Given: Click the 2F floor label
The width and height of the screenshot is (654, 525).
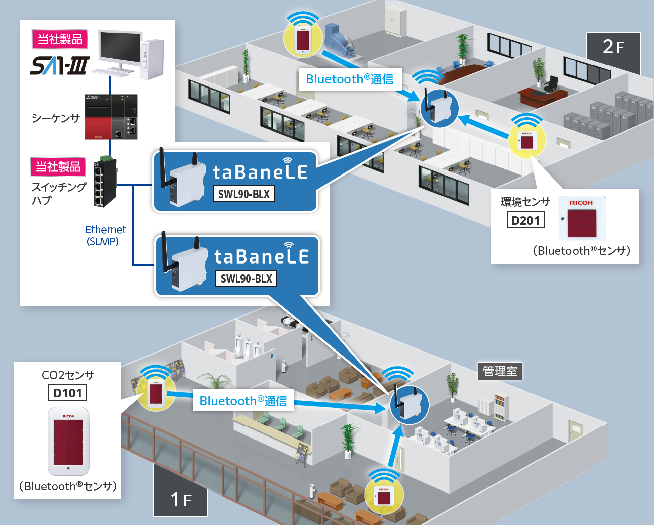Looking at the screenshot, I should pos(613,47).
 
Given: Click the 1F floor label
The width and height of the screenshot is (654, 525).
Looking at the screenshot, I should pos(181,499).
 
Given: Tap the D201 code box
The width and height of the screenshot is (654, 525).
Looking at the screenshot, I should pos(526,220).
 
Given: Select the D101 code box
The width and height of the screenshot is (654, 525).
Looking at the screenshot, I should pos(67,393).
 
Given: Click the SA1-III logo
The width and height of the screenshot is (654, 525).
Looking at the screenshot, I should pos(60,65).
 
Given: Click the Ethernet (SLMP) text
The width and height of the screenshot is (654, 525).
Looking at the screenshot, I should pos(105,235).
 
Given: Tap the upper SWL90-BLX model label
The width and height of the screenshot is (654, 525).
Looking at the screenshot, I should pos(244,194).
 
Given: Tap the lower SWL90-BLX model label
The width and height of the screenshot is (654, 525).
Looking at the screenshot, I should pos(246,278).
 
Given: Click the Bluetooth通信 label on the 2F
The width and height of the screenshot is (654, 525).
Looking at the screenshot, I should pos(350,79).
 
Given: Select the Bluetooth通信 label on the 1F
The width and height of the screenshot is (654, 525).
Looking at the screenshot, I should pos(243,401).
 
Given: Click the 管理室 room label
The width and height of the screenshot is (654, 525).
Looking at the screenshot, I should pos(500,371).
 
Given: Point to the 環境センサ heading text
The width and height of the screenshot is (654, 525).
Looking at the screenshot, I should pos(525,202).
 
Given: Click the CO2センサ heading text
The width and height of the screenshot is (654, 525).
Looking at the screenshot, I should pos(68,375).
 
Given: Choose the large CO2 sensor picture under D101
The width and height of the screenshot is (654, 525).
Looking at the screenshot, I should pos(68,441).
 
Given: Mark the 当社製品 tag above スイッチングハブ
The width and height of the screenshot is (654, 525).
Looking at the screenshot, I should pos(58,167).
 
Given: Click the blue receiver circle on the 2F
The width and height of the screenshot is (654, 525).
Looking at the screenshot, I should pos(439,108).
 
